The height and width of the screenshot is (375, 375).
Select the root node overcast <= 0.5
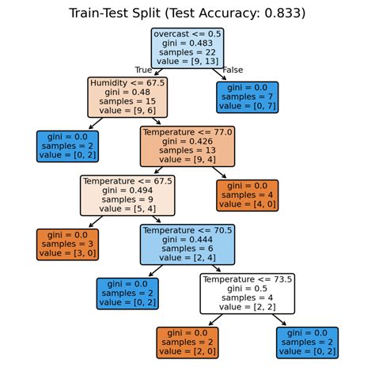187,49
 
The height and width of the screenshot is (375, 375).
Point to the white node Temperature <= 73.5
247,294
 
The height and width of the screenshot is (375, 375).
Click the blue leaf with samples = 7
247,97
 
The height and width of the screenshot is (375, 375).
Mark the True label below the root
143,71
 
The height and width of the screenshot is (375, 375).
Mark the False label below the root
233,71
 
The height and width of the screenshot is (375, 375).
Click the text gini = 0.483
187,44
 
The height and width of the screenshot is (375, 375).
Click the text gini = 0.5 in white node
247,290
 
